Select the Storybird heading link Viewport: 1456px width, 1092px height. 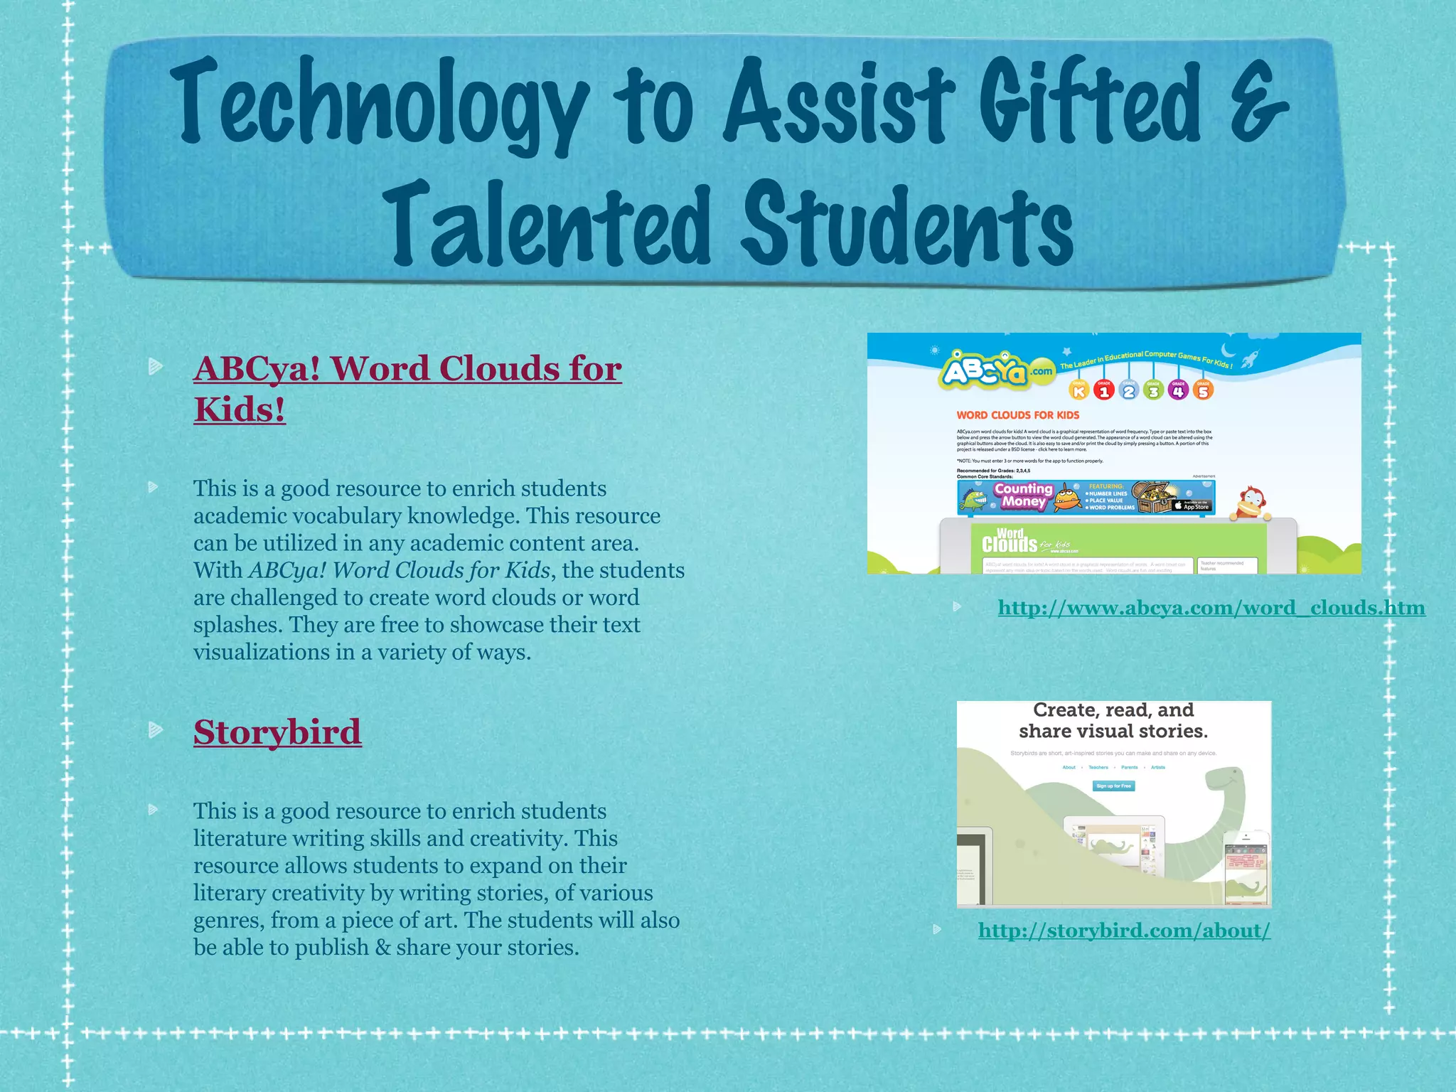[x=277, y=732]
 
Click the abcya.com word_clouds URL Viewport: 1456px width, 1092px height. [x=1211, y=608]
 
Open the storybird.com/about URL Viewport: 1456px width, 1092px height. [x=1124, y=931]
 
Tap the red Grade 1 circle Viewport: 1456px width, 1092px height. [x=1103, y=390]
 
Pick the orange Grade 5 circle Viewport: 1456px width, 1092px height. [x=1203, y=390]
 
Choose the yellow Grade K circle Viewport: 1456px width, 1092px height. [x=1079, y=390]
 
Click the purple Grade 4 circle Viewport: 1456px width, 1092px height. [x=1178, y=390]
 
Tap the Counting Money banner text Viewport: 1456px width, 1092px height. [x=1023, y=496]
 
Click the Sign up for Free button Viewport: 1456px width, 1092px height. [x=1113, y=786]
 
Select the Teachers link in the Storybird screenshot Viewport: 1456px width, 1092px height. [x=1098, y=767]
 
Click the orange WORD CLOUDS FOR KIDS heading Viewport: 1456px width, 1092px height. [x=1017, y=415]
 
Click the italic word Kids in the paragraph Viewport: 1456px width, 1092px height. [x=528, y=570]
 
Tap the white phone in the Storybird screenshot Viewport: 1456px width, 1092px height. [x=1246, y=869]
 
